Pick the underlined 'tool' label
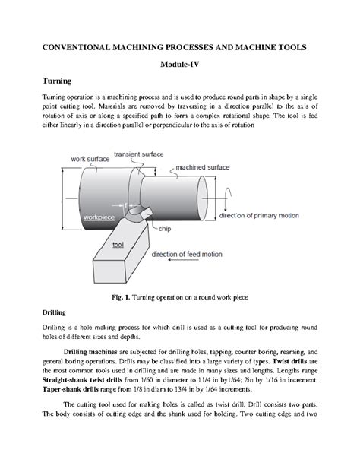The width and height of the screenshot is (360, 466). click(118, 246)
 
